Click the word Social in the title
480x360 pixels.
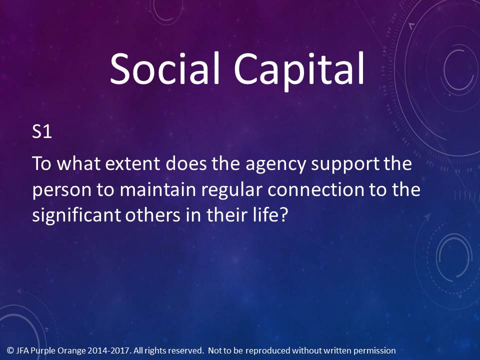click(x=164, y=68)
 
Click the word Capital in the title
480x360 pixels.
click(x=299, y=71)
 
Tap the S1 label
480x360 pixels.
click(x=42, y=131)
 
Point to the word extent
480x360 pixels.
click(x=132, y=164)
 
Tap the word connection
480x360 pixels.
click(x=315, y=189)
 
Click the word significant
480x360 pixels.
click(x=77, y=215)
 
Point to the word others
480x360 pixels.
click(x=153, y=215)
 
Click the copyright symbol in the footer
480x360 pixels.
click(x=10, y=350)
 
